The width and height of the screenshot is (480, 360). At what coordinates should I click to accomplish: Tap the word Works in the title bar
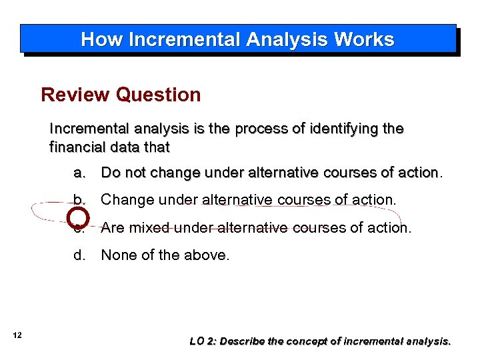pyautogui.click(x=364, y=40)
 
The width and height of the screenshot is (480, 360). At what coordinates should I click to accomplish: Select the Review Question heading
pyautogui.click(x=121, y=95)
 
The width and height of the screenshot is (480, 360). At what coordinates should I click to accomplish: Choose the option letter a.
pyautogui.click(x=80, y=173)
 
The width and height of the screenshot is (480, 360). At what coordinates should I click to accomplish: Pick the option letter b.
pyautogui.click(x=80, y=199)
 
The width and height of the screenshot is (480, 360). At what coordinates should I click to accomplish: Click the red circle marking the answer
pyautogui.click(x=79, y=217)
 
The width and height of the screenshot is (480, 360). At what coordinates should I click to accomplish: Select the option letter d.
pyautogui.click(x=80, y=254)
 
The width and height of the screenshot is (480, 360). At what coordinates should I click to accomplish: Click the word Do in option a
pyautogui.click(x=110, y=173)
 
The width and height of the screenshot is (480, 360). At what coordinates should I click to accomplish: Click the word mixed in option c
pyautogui.click(x=151, y=227)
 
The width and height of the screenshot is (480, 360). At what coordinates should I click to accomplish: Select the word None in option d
pyautogui.click(x=119, y=254)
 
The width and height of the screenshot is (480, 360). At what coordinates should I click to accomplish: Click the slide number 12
pyautogui.click(x=17, y=335)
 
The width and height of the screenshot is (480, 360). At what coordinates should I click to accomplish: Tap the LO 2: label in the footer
pyautogui.click(x=203, y=341)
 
